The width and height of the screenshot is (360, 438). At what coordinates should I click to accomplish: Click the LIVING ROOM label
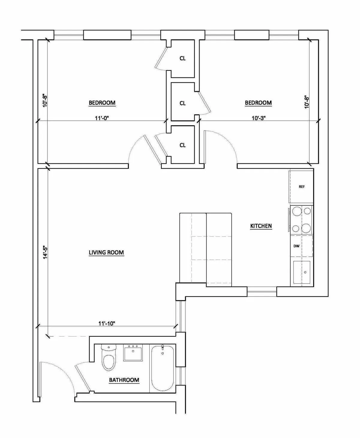pos(106,252)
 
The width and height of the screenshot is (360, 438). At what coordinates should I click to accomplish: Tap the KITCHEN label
pos(261,226)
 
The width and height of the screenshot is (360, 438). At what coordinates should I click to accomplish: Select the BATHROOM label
pos(124,380)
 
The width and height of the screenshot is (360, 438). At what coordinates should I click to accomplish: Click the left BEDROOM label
pos(102,103)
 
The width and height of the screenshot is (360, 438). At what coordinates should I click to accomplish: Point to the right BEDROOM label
pos(258,103)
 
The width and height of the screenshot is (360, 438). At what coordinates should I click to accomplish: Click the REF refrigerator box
pos(301,186)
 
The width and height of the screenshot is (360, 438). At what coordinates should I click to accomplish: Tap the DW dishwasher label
pos(296,246)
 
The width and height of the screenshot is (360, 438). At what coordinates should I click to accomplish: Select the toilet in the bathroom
pos(109,359)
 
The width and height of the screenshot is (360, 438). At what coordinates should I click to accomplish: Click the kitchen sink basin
pos(302,272)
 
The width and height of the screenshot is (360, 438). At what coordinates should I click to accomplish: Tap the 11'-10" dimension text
pos(107,323)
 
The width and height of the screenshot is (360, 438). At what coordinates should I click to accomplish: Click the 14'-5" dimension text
pos(45,252)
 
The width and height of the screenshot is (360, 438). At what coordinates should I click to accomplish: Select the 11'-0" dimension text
pos(102,118)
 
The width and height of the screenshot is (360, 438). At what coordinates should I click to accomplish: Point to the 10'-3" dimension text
pos(259,118)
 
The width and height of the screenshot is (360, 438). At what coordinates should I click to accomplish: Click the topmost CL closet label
pos(182,58)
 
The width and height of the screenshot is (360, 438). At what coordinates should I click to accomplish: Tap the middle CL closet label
pos(182,103)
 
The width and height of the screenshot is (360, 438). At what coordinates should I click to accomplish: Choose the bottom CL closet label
pos(182,145)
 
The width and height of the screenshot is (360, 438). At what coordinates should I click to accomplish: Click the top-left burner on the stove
pos(297,211)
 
